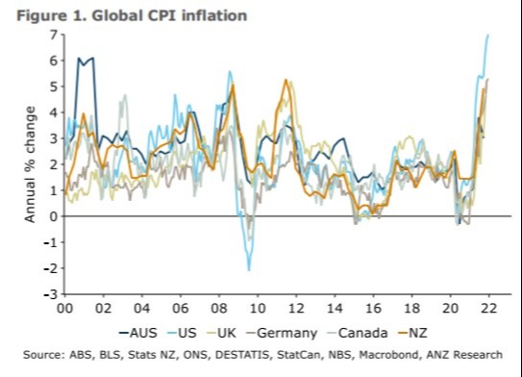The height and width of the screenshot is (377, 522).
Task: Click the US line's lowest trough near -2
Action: click(249, 269)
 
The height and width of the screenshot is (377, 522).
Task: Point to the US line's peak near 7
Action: click(487, 35)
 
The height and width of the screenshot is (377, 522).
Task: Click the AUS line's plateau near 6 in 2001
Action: click(86, 60)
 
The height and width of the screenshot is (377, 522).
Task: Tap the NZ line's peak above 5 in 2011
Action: click(285, 81)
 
